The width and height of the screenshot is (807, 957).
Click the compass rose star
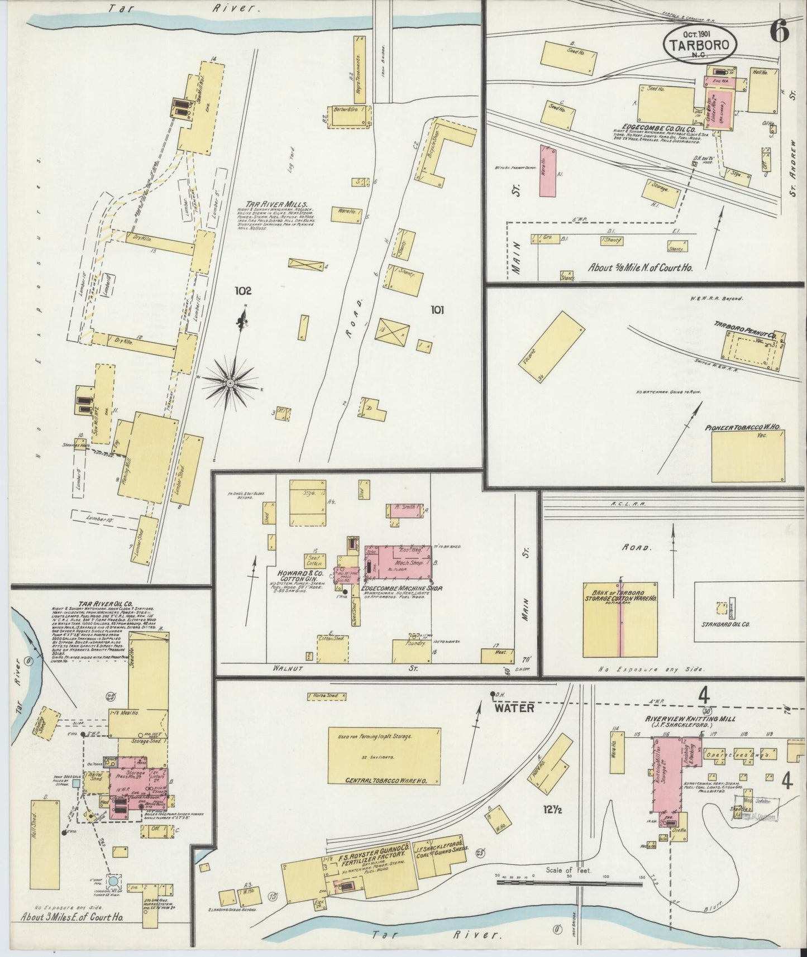pos(230,383)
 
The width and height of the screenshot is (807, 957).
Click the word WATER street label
pos(514,708)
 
